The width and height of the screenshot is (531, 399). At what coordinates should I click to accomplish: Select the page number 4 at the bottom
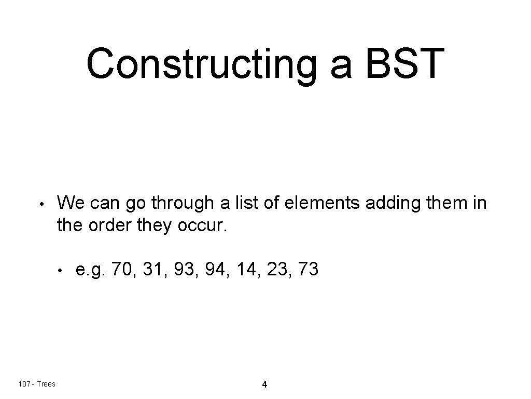pos(264,385)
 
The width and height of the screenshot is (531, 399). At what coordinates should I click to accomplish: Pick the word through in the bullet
pos(179,203)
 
